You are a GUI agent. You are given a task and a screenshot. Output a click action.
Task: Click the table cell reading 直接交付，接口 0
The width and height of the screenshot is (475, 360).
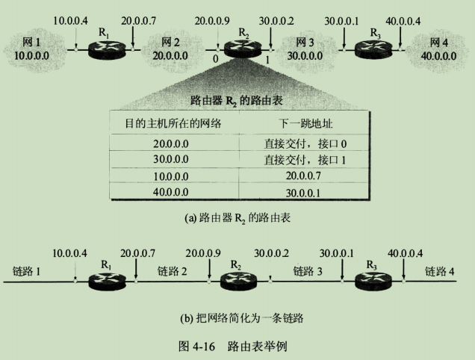click(302, 143)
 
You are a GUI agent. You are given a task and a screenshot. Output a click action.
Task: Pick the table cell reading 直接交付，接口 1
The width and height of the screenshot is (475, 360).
click(302, 161)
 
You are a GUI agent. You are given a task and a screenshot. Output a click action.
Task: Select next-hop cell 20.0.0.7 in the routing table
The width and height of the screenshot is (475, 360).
click(302, 177)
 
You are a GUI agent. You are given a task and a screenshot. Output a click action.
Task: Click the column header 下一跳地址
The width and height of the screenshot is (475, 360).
click(302, 123)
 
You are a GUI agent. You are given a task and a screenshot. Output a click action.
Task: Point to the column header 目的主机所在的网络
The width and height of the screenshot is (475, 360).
click(174, 123)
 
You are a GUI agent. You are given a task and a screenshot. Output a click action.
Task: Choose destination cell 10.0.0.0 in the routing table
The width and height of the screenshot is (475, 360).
click(174, 177)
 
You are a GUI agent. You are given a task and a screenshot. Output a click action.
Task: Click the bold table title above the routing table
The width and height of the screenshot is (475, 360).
click(235, 99)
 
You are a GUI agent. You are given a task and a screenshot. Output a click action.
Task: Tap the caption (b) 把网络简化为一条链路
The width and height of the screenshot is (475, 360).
click(237, 317)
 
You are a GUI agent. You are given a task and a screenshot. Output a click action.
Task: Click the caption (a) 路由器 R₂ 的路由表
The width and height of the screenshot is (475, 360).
click(237, 219)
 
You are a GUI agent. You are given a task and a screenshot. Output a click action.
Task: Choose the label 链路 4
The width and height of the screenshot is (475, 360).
click(440, 270)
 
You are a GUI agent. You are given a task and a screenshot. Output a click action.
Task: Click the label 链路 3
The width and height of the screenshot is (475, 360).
click(305, 270)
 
